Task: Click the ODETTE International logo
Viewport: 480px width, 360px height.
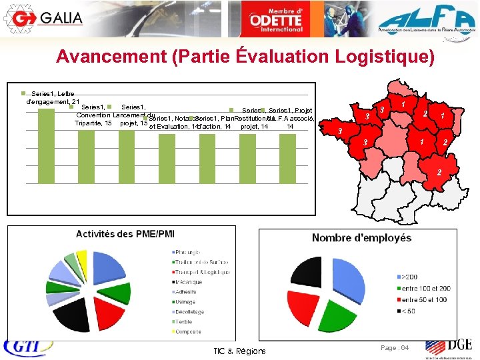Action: pos(276,17)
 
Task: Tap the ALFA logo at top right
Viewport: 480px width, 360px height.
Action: pos(427,17)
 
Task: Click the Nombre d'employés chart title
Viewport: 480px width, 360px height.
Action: pos(361,238)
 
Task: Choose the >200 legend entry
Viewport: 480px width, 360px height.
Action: pos(409,276)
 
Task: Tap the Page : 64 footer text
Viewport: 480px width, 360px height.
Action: pos(395,348)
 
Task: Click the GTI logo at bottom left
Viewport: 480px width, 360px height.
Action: pos(23,348)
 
